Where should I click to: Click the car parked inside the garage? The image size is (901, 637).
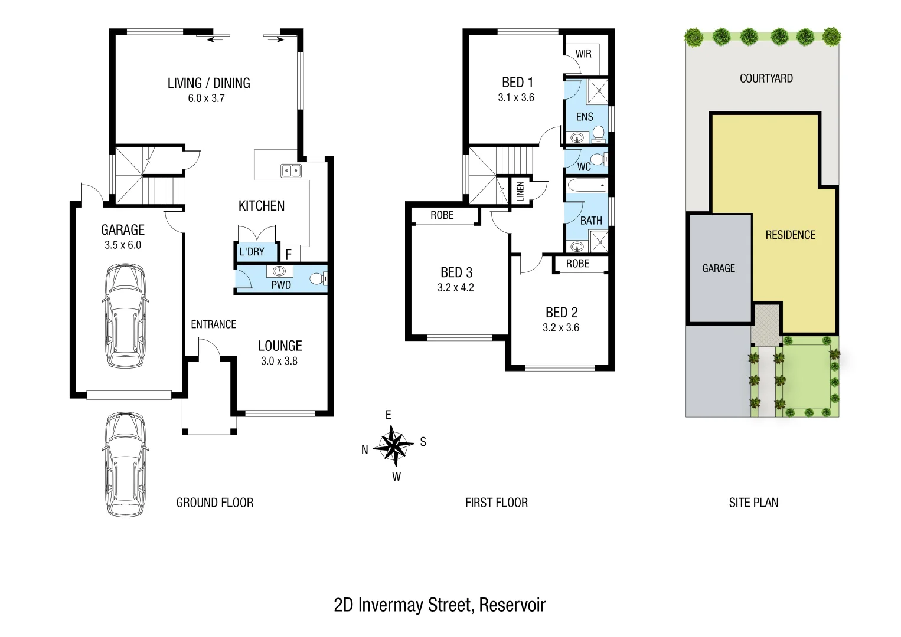[x=124, y=316]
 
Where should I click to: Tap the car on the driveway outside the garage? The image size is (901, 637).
[x=124, y=464]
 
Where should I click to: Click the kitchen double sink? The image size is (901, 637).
[x=290, y=171]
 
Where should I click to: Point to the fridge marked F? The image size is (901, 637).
[x=289, y=254]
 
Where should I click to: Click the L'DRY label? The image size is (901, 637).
[x=252, y=252]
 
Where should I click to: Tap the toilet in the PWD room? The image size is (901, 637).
[x=318, y=278]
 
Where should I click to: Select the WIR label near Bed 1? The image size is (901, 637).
[x=583, y=54]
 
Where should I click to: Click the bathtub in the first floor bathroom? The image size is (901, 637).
[x=586, y=186]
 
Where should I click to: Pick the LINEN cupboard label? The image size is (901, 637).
[x=520, y=191]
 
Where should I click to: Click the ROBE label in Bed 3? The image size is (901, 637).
[x=442, y=215]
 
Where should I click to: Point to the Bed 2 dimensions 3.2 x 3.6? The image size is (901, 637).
[x=561, y=328]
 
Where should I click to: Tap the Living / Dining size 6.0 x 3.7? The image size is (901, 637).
[x=206, y=98]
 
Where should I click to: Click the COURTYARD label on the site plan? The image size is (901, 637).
[x=766, y=78]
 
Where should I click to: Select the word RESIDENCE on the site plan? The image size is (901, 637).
[x=790, y=235]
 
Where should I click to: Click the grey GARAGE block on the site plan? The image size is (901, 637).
[x=719, y=268]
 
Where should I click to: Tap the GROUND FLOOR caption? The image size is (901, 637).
[x=215, y=503]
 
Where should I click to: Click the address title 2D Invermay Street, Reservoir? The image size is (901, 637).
[x=440, y=605]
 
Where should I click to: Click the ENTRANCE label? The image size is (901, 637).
[x=213, y=324]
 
